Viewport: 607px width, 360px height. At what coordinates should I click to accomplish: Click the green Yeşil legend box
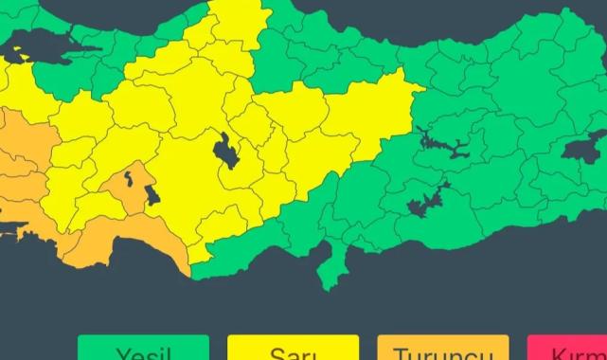[143, 349]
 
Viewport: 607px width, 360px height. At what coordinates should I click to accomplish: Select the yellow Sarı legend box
[293, 349]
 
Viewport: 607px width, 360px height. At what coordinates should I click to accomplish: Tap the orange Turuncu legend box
[442, 349]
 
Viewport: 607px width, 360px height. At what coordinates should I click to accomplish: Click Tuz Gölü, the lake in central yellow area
[226, 152]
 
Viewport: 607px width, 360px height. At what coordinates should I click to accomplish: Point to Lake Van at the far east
[582, 150]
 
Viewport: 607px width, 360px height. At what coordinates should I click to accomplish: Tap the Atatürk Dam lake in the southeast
[425, 202]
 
